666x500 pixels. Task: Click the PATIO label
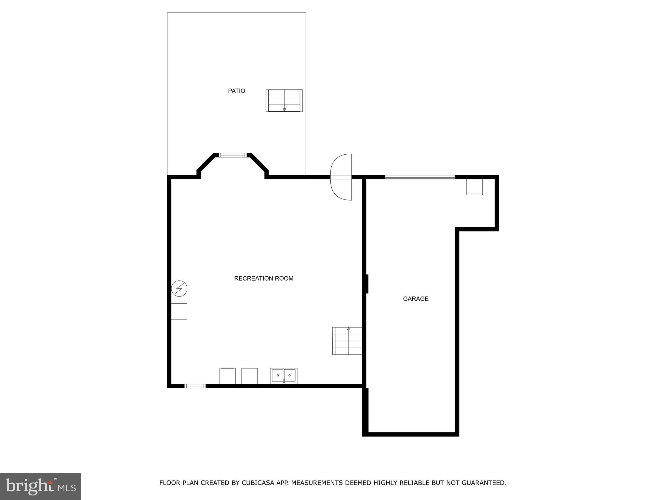click(236, 91)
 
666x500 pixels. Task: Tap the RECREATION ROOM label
click(264, 278)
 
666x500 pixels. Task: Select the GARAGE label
click(416, 299)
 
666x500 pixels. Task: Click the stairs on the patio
click(284, 101)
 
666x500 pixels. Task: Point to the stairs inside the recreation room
click(348, 341)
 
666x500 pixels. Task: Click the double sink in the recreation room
click(284, 376)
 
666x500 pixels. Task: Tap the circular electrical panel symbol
click(179, 288)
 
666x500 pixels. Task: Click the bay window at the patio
click(233, 155)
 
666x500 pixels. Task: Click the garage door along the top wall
click(420, 177)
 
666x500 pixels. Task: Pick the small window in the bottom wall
click(195, 386)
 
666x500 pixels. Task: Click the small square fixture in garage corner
click(474, 187)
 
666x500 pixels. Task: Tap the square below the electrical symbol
click(179, 311)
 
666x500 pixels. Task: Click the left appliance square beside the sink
click(228, 376)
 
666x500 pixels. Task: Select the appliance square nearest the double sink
click(249, 376)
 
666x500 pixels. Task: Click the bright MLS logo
click(41, 486)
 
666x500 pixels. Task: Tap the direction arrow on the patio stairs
click(284, 110)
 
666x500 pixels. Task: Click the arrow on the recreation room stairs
click(349, 329)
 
